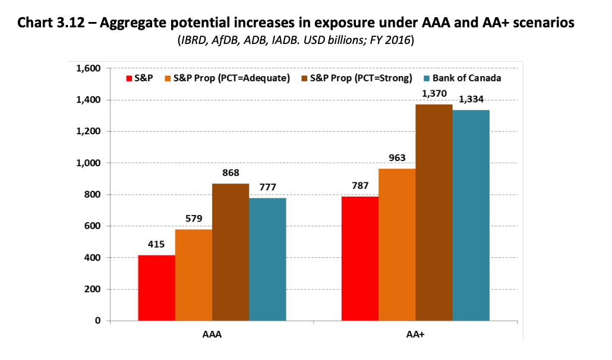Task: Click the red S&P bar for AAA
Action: [x=156, y=288]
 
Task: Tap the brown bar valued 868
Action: [x=231, y=252]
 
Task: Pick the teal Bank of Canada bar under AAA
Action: [x=267, y=260]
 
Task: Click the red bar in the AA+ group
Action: [x=360, y=258]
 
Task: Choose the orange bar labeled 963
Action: [x=397, y=245]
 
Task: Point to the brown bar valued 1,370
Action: [x=434, y=213]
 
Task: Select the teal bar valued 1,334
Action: [x=471, y=216]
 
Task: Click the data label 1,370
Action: [x=434, y=93]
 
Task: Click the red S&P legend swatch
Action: [x=129, y=78]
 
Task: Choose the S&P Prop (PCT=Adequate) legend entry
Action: [x=232, y=78]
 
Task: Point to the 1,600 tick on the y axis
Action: [x=89, y=68]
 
